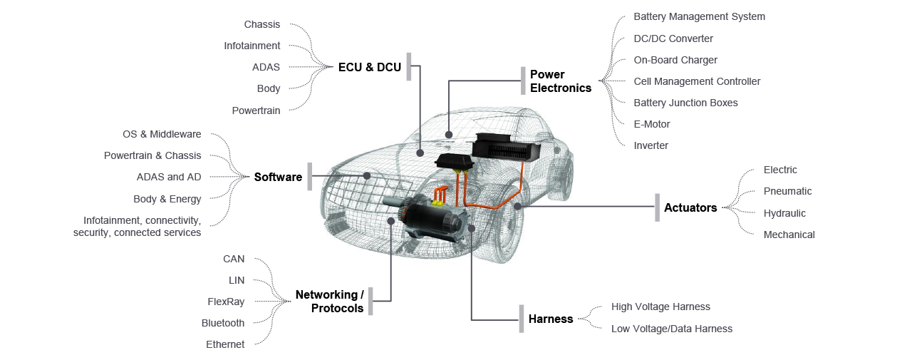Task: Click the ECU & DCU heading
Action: (x=370, y=67)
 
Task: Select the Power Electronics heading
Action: (x=561, y=81)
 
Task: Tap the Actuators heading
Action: (x=690, y=207)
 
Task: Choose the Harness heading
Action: (x=551, y=319)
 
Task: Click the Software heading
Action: (x=278, y=177)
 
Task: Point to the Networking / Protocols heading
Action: (x=330, y=302)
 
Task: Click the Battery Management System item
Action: (x=699, y=16)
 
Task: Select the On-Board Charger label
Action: (x=675, y=60)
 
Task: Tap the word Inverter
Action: (x=651, y=145)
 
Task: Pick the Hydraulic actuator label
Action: (x=784, y=213)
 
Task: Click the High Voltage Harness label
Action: (x=660, y=307)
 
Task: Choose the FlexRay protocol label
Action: (x=226, y=302)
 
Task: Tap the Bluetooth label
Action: (x=223, y=323)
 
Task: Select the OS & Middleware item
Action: (x=162, y=134)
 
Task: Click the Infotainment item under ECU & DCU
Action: (x=252, y=46)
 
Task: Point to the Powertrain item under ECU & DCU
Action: (x=256, y=110)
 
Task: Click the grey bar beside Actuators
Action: (x=658, y=207)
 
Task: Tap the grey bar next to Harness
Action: (x=522, y=319)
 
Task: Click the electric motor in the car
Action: (x=432, y=217)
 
